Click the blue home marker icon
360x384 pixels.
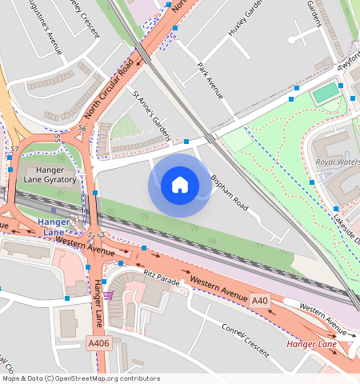tap(180, 185)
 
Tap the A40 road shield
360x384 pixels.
tap(260, 300)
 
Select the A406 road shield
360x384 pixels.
tap(98, 343)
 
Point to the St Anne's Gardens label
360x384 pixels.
tap(152, 114)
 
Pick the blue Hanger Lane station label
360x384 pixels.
tap(54, 226)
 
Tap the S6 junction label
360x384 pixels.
tap(82, 128)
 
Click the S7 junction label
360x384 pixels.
tap(14, 150)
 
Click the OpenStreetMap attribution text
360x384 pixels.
tap(80, 378)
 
